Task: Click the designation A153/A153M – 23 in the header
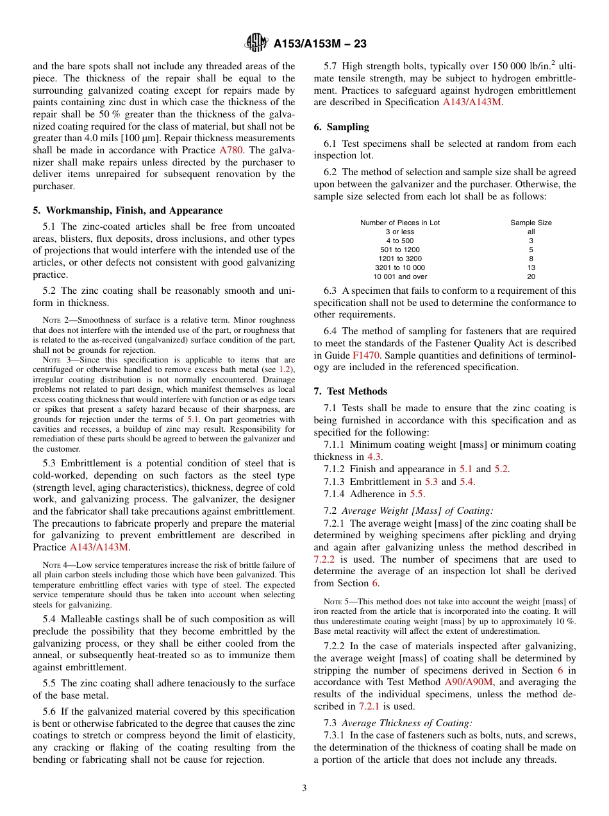click(320, 44)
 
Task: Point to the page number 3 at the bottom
click(304, 788)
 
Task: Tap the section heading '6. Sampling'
click(341, 127)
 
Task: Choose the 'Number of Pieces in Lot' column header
click(400, 223)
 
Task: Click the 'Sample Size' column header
click(531, 223)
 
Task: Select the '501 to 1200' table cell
click(400, 250)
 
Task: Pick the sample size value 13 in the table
click(531, 268)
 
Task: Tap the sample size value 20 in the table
click(531, 276)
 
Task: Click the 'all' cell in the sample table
click(531, 232)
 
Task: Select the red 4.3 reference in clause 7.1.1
click(374, 457)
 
